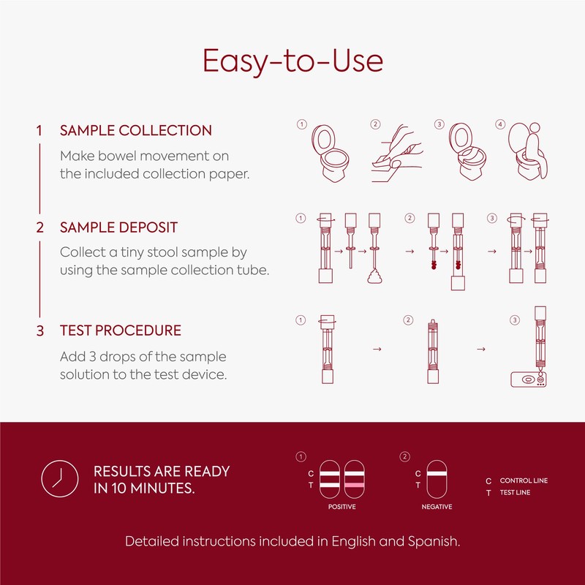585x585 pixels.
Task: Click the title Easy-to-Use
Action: point(292,61)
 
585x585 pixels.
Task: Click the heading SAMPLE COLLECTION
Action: point(136,131)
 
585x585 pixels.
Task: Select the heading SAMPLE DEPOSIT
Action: point(118,227)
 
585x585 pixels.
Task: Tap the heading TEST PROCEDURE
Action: point(121,331)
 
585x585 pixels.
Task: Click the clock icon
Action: point(58,480)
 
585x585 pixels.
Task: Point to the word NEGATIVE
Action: point(437,507)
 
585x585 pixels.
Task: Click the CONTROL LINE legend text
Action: point(524,480)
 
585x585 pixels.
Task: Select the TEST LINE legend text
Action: point(516,492)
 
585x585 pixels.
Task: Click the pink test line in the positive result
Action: point(354,486)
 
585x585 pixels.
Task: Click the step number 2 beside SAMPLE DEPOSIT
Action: point(40,227)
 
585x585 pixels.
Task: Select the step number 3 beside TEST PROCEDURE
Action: point(40,331)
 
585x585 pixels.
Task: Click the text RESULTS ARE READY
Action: point(162,472)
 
